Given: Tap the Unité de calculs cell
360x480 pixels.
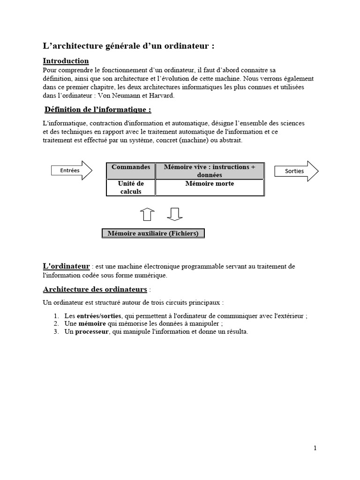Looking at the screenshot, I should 131,187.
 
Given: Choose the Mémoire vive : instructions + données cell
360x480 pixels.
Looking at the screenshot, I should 210,171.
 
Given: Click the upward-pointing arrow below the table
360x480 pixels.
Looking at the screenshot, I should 147,213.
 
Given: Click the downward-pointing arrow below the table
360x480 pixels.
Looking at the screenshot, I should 174,213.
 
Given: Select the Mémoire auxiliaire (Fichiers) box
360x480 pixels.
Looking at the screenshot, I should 153,233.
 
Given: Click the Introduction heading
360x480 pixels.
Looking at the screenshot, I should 66,61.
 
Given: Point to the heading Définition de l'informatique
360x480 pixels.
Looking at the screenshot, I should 97,110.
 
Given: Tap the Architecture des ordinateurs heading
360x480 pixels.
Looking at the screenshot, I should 95,289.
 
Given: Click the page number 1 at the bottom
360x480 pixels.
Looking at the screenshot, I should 315,448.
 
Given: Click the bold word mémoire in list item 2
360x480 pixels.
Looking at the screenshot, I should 92,324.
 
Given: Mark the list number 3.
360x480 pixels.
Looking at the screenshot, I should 55,332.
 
